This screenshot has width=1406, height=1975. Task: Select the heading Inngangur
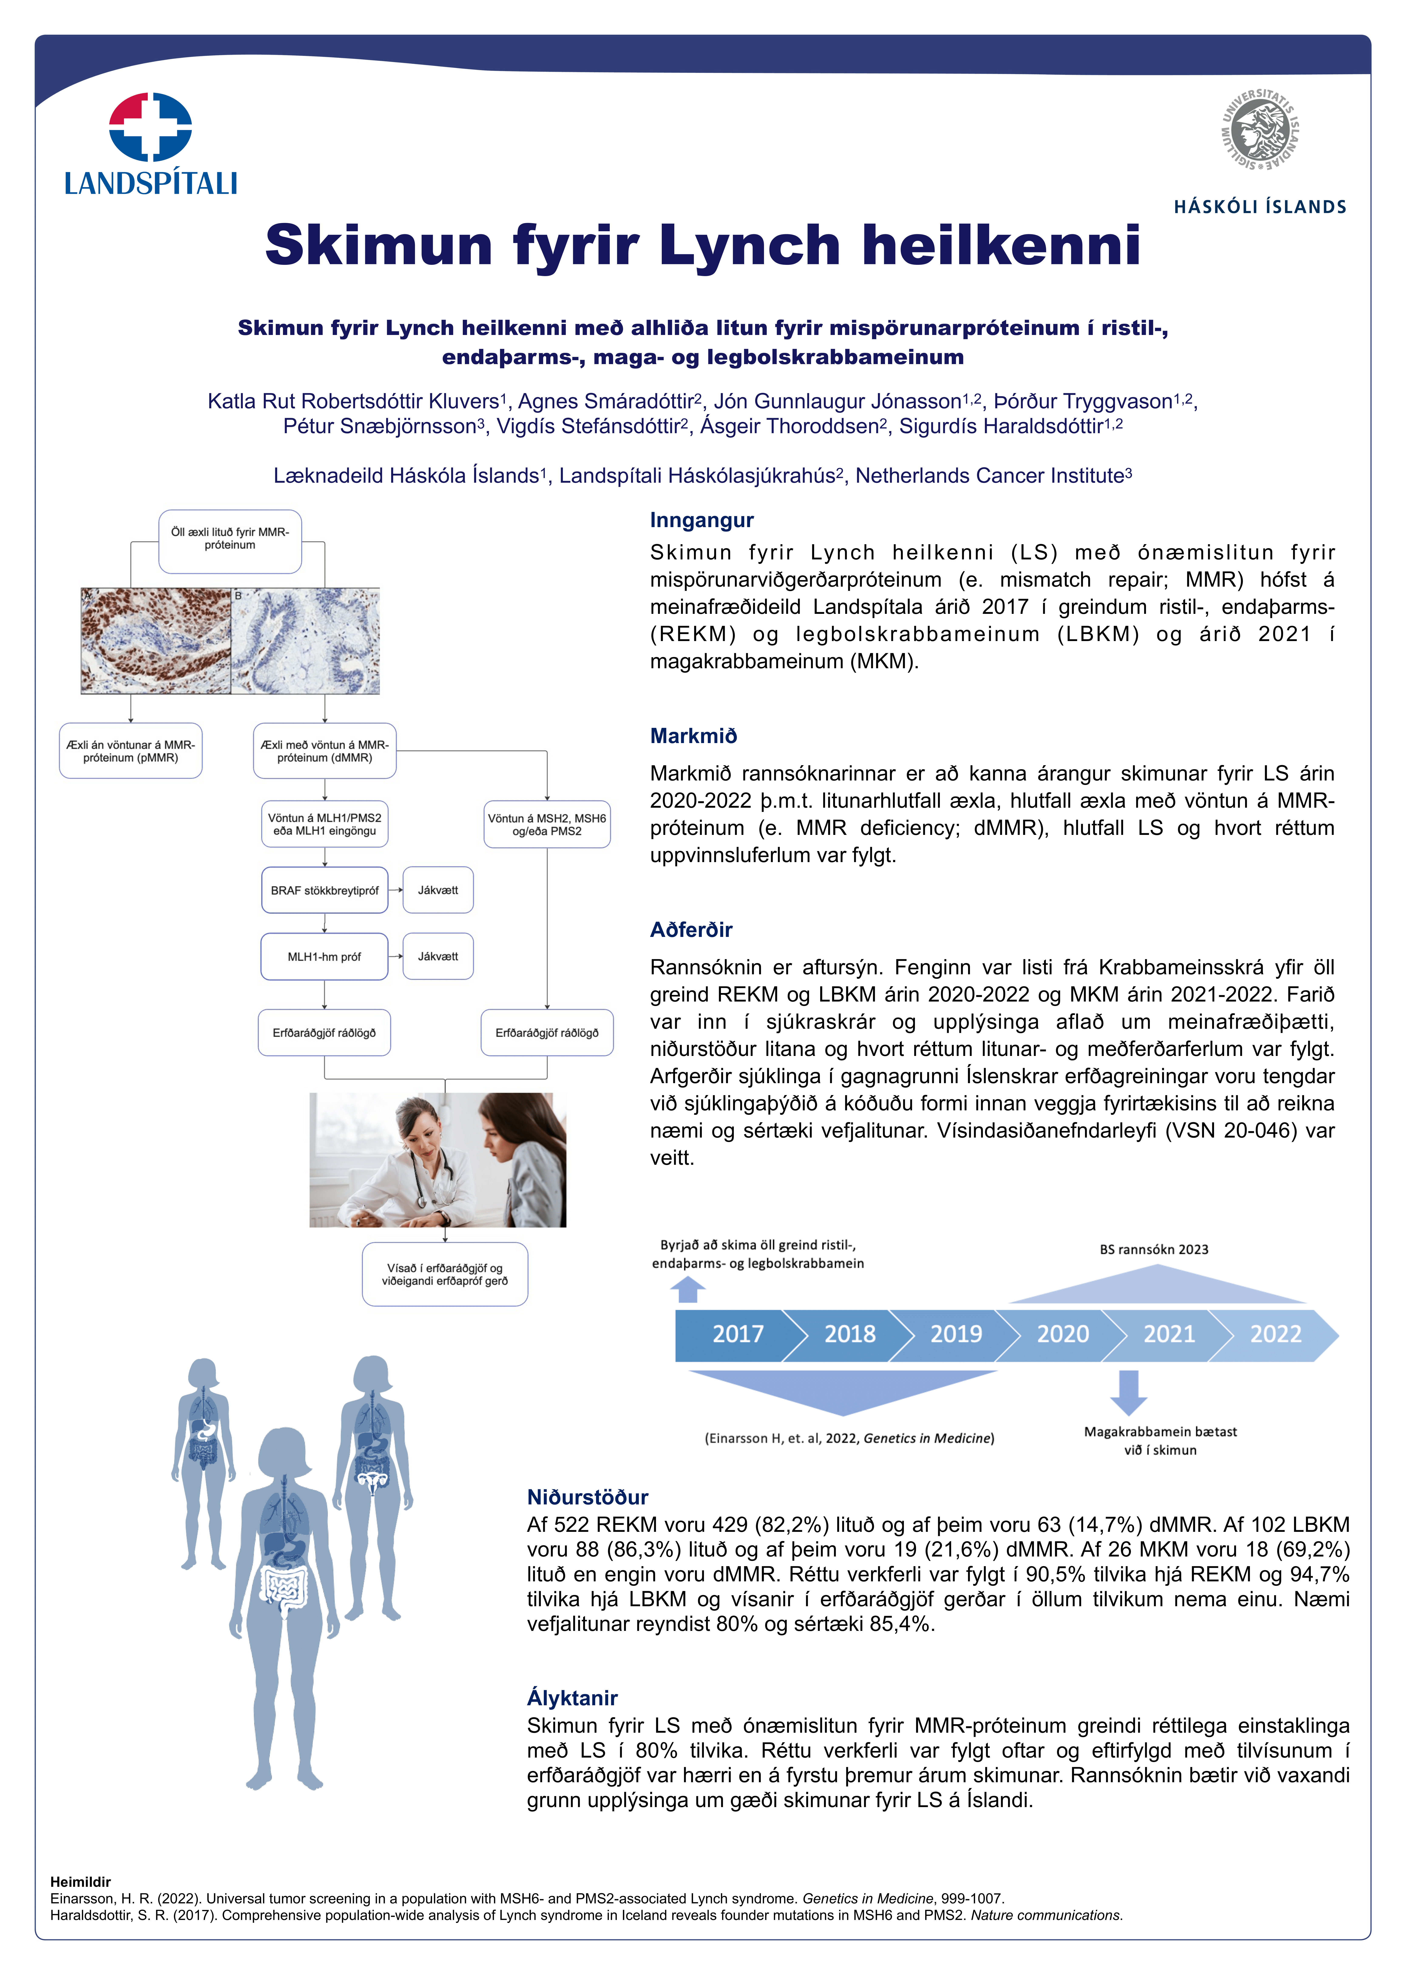tap(701, 520)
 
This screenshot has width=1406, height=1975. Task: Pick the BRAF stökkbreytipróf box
tap(325, 890)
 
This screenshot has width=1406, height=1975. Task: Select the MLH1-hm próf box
tap(325, 956)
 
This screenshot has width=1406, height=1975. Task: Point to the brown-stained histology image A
tap(156, 641)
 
